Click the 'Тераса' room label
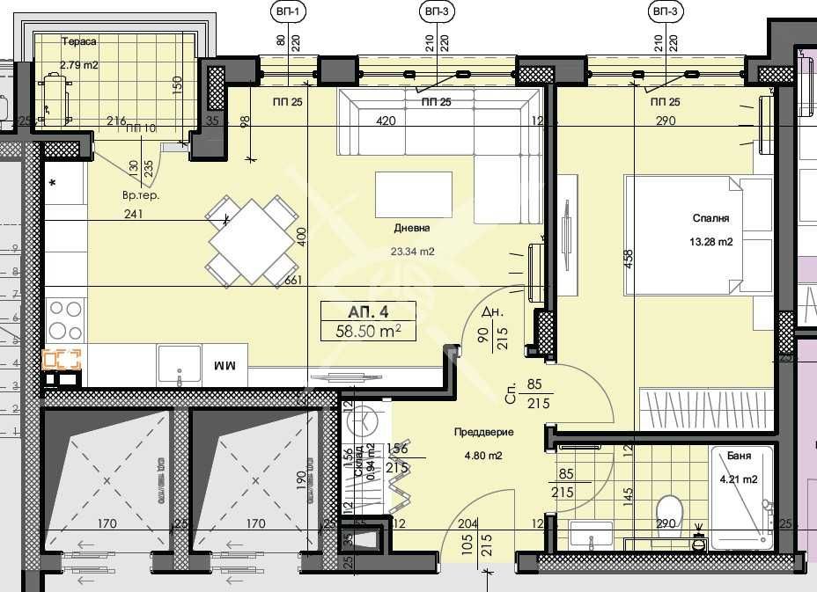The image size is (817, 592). (x=78, y=41)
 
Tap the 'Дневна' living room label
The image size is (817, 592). (x=412, y=228)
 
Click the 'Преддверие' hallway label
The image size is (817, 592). (x=484, y=433)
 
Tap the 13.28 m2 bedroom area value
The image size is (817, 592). (x=711, y=240)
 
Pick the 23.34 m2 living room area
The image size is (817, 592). (x=413, y=251)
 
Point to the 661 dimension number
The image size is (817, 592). (x=295, y=281)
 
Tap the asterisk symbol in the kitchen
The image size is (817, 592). (x=53, y=183)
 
